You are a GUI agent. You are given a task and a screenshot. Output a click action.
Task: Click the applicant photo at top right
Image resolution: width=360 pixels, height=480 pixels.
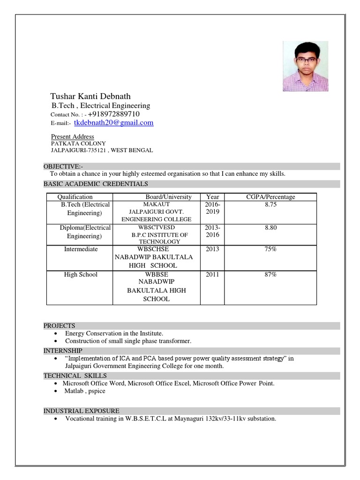click(305, 66)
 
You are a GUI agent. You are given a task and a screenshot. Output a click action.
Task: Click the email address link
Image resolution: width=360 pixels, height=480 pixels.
click(113, 123)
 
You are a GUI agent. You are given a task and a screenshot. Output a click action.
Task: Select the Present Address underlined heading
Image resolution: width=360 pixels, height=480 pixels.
click(72, 136)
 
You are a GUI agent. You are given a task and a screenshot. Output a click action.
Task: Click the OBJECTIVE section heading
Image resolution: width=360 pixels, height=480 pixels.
click(63, 166)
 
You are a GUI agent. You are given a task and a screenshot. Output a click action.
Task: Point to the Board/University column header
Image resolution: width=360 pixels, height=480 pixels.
click(168, 197)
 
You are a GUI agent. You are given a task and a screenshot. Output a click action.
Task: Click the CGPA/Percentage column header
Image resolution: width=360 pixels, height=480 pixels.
click(270, 197)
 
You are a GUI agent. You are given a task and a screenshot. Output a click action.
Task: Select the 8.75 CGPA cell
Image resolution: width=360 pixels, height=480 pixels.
click(270, 205)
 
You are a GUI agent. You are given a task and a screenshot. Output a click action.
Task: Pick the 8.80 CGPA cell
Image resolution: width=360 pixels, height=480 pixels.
click(270, 227)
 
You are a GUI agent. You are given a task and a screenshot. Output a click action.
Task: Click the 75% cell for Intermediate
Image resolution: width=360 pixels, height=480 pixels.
click(270, 249)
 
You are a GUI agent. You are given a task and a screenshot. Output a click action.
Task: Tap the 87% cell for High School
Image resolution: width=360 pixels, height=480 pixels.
click(270, 275)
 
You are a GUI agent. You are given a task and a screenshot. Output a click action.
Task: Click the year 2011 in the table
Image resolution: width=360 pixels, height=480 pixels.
click(212, 275)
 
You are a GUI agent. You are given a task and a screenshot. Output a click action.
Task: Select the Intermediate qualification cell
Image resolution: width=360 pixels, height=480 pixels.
click(81, 249)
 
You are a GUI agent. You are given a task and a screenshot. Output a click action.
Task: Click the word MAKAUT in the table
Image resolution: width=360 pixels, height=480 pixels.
click(157, 205)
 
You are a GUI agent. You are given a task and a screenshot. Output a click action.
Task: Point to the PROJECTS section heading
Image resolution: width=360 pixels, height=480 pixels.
click(59, 326)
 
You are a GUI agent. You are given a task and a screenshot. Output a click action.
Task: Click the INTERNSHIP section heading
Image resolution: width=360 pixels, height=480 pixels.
click(63, 351)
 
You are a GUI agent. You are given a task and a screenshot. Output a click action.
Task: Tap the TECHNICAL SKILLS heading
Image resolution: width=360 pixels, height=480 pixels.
click(75, 375)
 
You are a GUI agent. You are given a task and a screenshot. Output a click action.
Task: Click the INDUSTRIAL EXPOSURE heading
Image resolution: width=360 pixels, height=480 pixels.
click(81, 411)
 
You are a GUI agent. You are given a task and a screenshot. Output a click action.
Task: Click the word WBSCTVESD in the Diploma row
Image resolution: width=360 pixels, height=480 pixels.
click(157, 227)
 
